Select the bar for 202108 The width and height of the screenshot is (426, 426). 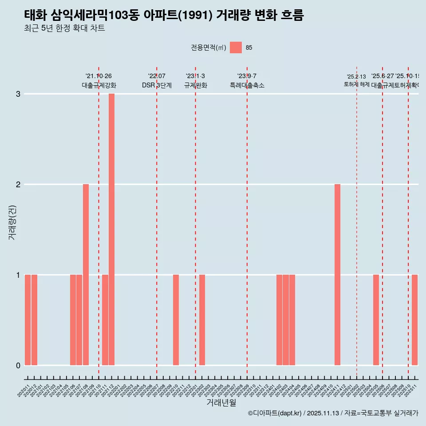point(86,275)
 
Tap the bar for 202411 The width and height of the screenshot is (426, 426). point(337,275)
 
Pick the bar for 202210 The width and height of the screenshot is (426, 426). point(176,320)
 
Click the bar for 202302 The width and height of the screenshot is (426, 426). point(202,320)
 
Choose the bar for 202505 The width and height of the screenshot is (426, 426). point(376,320)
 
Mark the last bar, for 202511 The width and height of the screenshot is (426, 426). point(414,320)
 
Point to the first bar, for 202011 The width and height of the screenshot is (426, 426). point(28,320)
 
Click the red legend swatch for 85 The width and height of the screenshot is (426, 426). point(236,47)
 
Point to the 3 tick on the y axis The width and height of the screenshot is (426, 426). point(18,94)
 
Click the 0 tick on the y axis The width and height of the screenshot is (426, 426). point(18,365)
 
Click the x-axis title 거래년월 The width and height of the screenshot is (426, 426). point(221,402)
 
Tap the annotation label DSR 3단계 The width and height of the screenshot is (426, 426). point(157,85)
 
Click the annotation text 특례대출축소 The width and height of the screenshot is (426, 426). point(247,85)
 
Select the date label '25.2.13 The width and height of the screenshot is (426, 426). point(356,77)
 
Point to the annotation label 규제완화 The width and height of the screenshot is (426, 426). point(195,85)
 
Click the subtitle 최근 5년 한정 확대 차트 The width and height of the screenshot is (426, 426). point(64,28)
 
